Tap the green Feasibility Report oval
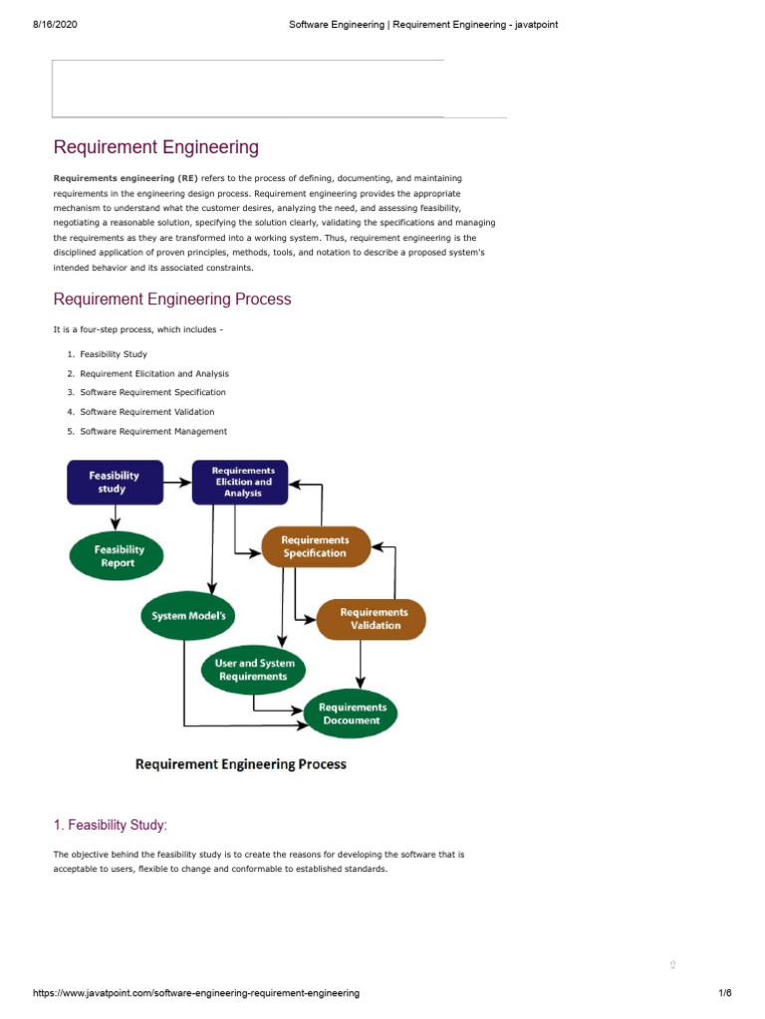click(120, 556)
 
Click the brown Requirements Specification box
click(314, 546)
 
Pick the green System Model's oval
click(188, 616)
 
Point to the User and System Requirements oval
click(254, 670)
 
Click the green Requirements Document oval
click(351, 713)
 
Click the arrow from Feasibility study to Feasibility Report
click(117, 516)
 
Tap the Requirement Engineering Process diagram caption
click(240, 764)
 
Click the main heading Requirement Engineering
click(155, 147)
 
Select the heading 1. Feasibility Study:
click(110, 824)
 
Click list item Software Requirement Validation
click(146, 411)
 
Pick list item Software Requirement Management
click(153, 431)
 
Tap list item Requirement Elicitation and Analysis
click(154, 373)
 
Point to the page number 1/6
click(724, 993)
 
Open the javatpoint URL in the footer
click(196, 993)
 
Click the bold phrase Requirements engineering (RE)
click(126, 177)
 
